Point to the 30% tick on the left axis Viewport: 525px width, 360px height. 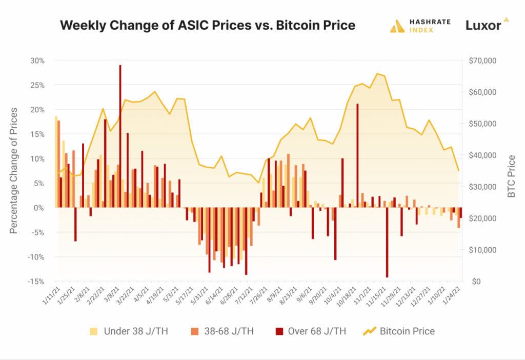[38, 61]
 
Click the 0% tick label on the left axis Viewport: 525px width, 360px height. [40, 208]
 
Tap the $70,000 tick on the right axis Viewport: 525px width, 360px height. [482, 61]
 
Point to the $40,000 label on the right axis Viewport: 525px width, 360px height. [482, 155]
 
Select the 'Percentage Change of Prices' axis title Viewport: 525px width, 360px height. [14, 170]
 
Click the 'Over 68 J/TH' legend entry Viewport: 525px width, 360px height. [310, 331]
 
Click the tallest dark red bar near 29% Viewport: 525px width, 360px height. [120, 136]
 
